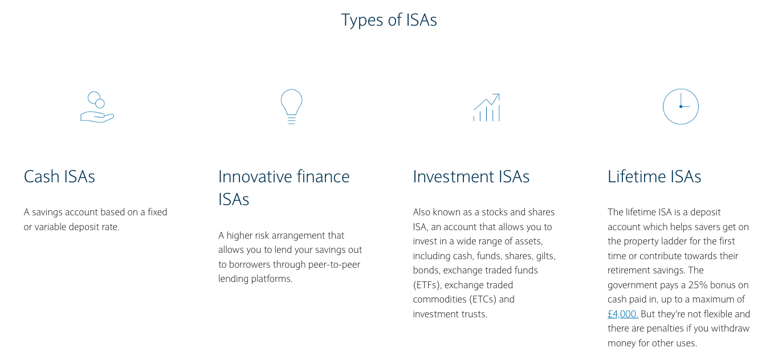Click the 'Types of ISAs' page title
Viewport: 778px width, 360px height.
[x=389, y=20]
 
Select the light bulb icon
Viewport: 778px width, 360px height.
[x=291, y=107]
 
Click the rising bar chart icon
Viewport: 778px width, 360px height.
[x=486, y=108]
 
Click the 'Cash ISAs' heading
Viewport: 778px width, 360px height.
[x=59, y=177]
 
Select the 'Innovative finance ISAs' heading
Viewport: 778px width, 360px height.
[x=284, y=188]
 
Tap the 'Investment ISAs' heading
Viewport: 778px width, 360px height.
[x=471, y=177]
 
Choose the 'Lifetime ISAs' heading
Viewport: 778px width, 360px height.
[x=654, y=177]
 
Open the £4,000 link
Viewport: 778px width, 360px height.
[x=623, y=314]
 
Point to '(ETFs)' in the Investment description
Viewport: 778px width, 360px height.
[x=427, y=285]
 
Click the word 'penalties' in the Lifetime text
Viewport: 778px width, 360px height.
[x=663, y=329]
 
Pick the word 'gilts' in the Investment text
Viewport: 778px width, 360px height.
[x=545, y=256]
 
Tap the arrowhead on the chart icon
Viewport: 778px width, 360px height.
[x=496, y=96]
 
